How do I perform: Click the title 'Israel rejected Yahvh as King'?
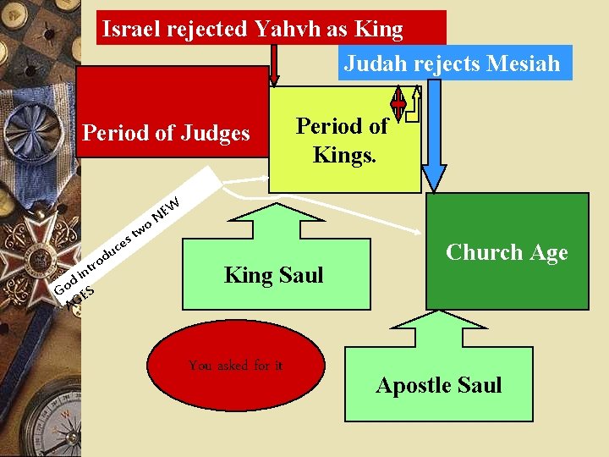point(252,29)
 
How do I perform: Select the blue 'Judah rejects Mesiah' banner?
point(454,63)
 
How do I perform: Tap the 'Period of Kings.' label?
point(343,140)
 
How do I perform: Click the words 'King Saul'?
point(273,274)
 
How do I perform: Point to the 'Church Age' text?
point(506,252)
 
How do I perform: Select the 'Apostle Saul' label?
point(438,385)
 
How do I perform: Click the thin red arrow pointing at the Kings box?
point(273,65)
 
